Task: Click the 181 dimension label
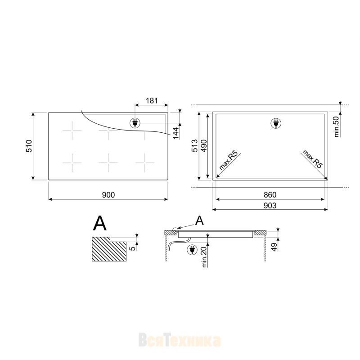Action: (152, 100)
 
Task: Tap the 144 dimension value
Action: (176, 133)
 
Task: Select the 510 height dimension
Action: (29, 146)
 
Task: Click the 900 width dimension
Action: (108, 195)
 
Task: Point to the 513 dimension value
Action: (194, 145)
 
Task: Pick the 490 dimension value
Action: (204, 146)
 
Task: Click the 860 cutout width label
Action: (270, 195)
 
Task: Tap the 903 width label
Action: (270, 206)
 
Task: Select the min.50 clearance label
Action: (337, 127)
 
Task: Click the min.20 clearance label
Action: (204, 256)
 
